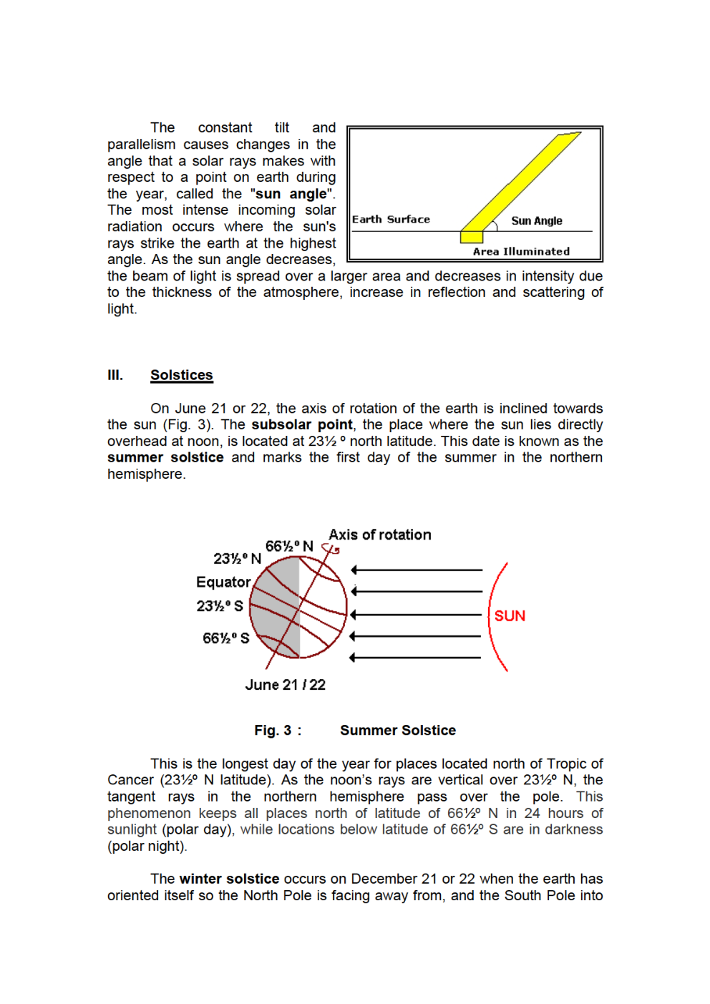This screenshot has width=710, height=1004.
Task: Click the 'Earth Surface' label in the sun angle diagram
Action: click(391, 220)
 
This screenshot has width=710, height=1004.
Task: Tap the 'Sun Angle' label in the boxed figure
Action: click(536, 221)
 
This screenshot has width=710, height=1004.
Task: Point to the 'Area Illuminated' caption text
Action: click(521, 252)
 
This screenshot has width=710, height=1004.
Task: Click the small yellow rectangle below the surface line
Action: click(472, 237)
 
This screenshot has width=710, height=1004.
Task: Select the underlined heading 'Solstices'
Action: click(181, 375)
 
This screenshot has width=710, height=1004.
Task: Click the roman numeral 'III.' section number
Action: click(115, 375)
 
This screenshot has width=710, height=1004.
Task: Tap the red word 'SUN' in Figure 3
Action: click(510, 616)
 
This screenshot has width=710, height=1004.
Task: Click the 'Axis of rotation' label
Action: click(379, 535)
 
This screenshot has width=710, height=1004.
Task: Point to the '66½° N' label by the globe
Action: click(289, 546)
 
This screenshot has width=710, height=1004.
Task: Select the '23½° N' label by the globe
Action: click(237, 559)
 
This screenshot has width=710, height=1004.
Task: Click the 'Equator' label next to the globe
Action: click(223, 582)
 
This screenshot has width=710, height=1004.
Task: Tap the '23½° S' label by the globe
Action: click(220, 606)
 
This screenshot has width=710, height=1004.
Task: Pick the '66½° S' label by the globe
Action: click(225, 638)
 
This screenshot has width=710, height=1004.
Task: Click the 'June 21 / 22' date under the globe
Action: click(285, 685)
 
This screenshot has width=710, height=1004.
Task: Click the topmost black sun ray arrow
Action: click(417, 570)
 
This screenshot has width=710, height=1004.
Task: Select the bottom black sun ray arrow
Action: click(415, 658)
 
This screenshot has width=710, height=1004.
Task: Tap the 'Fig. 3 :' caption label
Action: click(278, 731)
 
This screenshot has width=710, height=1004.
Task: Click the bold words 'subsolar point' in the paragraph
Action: click(301, 425)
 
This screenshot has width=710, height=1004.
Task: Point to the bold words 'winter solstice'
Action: click(229, 879)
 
